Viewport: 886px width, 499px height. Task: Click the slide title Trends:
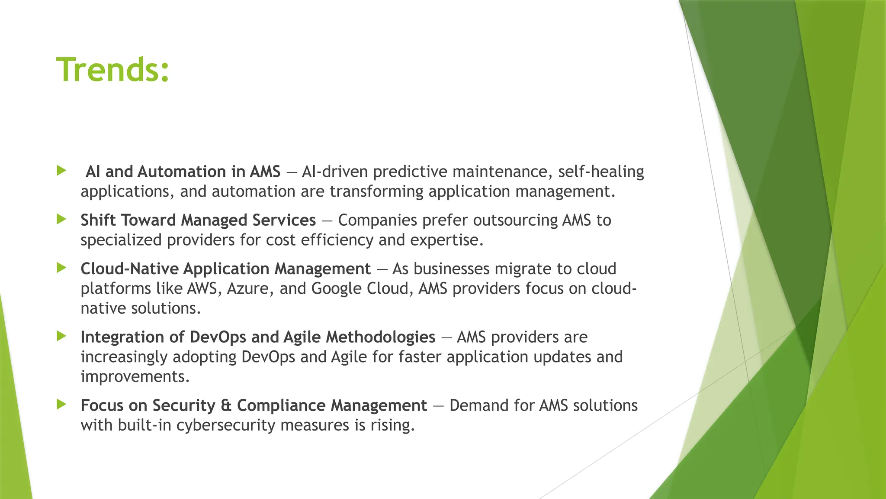[x=112, y=70]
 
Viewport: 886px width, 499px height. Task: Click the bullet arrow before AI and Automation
[x=61, y=171]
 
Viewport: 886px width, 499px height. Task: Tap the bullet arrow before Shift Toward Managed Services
[x=61, y=219]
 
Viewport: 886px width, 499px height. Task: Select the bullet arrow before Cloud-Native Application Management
[x=61, y=268]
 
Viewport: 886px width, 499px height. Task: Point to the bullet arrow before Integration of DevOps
[x=61, y=336]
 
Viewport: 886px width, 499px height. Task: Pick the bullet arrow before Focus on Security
[x=61, y=405]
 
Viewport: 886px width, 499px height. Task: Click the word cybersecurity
[x=226, y=425]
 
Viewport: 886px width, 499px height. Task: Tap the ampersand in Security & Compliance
[x=226, y=405]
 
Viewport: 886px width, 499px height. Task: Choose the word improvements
[x=135, y=377]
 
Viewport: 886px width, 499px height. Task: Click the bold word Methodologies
[x=380, y=337]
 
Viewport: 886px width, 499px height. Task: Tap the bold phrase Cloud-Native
[x=129, y=269]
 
